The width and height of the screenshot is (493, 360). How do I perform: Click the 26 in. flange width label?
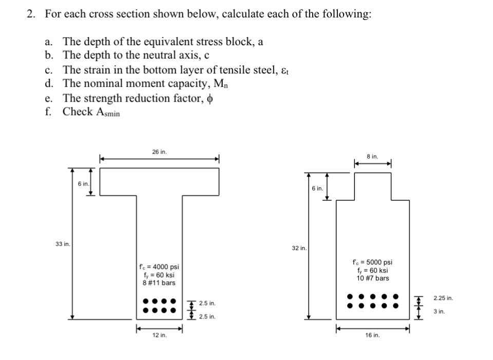tap(159, 151)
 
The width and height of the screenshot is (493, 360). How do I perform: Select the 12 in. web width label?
tap(159, 335)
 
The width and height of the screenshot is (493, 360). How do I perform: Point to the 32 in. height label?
tap(299, 248)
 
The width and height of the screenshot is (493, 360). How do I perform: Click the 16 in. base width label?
tap(373, 335)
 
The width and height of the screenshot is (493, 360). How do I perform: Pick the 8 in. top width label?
tap(373, 156)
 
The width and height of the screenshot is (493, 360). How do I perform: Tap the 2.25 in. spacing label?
tap(443, 298)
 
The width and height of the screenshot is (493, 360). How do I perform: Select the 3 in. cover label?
tap(439, 311)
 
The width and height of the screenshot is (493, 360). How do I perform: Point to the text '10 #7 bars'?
tap(373, 278)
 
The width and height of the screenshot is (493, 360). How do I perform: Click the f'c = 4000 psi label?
tap(159, 267)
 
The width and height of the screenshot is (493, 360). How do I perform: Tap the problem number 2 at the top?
tap(31, 14)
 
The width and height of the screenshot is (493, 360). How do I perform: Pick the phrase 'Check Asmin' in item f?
tap(91, 112)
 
